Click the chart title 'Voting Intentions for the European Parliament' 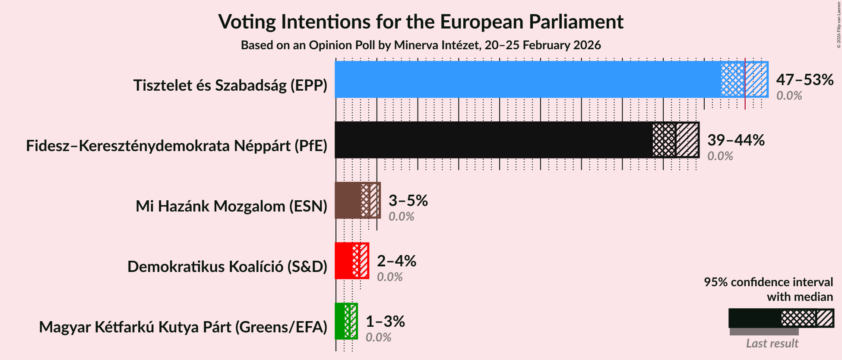pos(421,22)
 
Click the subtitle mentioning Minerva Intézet pos(421,45)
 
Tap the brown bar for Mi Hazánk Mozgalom pos(348,200)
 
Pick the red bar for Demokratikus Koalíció pos(343,261)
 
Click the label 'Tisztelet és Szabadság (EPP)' pos(230,85)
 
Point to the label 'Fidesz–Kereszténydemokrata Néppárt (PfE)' pos(177,146)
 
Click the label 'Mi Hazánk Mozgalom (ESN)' pos(231,206)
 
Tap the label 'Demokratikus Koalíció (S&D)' pos(227,267)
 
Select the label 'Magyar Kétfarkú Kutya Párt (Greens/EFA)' pos(183,327)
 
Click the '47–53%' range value pos(804,79)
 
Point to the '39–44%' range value pos(736,140)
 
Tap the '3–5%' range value pos(408,200)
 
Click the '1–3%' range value pos(385,321)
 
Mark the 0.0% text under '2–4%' pos(389,277)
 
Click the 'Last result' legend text pos(772,344)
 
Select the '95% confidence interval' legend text pos(768,282)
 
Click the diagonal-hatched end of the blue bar pos(757,79)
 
